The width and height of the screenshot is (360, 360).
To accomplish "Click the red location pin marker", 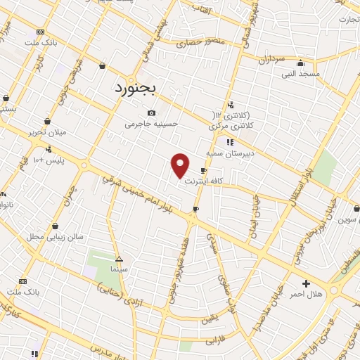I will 181,165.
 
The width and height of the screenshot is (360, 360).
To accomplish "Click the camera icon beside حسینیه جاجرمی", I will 151,112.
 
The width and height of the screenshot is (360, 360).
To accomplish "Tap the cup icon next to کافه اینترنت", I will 203,170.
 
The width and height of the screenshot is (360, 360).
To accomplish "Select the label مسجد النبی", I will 301,73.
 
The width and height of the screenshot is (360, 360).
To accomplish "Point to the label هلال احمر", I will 305,293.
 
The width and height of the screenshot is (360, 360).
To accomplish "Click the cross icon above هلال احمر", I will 305,283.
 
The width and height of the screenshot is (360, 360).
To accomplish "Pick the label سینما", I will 118,269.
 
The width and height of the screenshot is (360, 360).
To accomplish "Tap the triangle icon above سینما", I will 118,258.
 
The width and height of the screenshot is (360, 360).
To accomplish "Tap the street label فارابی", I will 212,340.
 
